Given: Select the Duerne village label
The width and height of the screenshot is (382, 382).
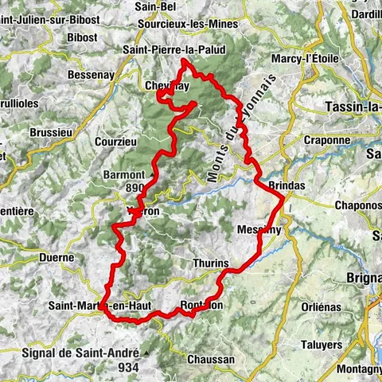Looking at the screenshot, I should [x=56, y=257].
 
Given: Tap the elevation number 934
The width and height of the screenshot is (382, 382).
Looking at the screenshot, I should [x=127, y=367].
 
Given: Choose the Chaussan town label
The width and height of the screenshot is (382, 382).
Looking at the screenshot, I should [x=211, y=359].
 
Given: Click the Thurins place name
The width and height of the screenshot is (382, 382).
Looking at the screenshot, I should [x=211, y=263].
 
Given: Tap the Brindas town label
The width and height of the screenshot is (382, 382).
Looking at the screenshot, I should [x=287, y=185].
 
